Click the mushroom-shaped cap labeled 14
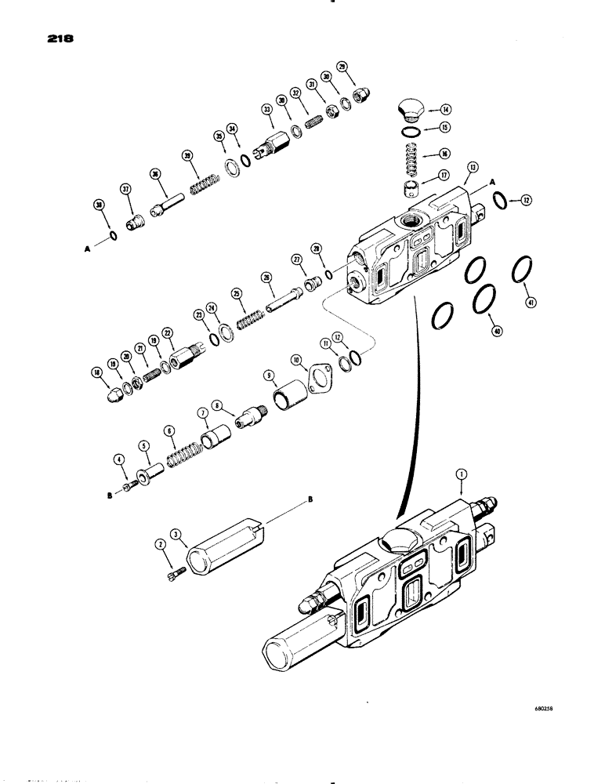410,107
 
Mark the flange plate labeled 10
320,380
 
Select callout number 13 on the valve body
473,166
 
